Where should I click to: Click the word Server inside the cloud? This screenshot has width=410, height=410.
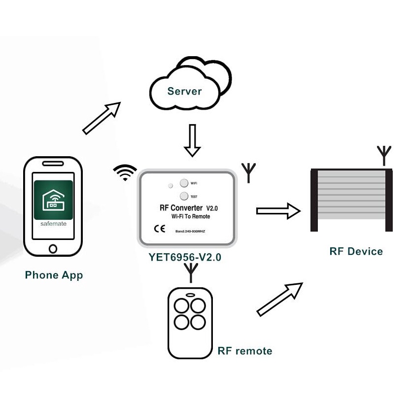pos(184,91)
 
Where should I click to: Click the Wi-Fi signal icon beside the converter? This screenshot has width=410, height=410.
pos(125,173)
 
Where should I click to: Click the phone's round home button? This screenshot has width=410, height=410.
pos(53,248)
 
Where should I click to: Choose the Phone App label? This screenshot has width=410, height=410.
pos(54,275)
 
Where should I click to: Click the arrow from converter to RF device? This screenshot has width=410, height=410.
pos(278,211)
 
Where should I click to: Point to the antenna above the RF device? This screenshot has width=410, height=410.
pos(383,154)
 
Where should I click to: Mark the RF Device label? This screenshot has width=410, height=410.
pos(356,251)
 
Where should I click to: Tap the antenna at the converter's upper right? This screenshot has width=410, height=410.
pos(249,172)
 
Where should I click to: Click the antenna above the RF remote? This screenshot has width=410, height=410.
pos(190,273)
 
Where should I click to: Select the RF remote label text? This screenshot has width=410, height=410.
pos(244,351)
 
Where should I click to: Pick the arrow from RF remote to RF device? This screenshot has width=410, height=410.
pos(279,299)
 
